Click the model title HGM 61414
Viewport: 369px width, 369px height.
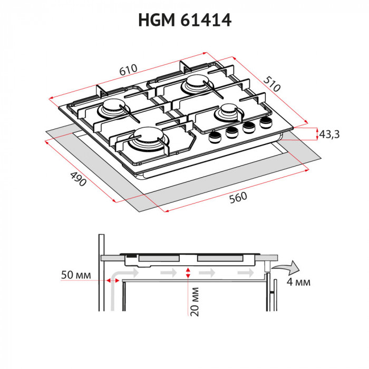click(x=184, y=21)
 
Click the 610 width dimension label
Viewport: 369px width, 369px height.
click(x=128, y=70)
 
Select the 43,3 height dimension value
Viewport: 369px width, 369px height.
click(x=329, y=135)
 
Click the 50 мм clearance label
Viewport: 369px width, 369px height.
click(x=76, y=275)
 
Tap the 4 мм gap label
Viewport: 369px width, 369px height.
click(x=298, y=282)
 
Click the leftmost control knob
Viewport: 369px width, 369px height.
click(x=215, y=138)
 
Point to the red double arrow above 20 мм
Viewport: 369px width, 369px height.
click(x=188, y=273)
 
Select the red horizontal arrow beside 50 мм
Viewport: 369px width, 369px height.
click(x=111, y=280)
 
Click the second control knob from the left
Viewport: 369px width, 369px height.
click(x=232, y=133)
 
